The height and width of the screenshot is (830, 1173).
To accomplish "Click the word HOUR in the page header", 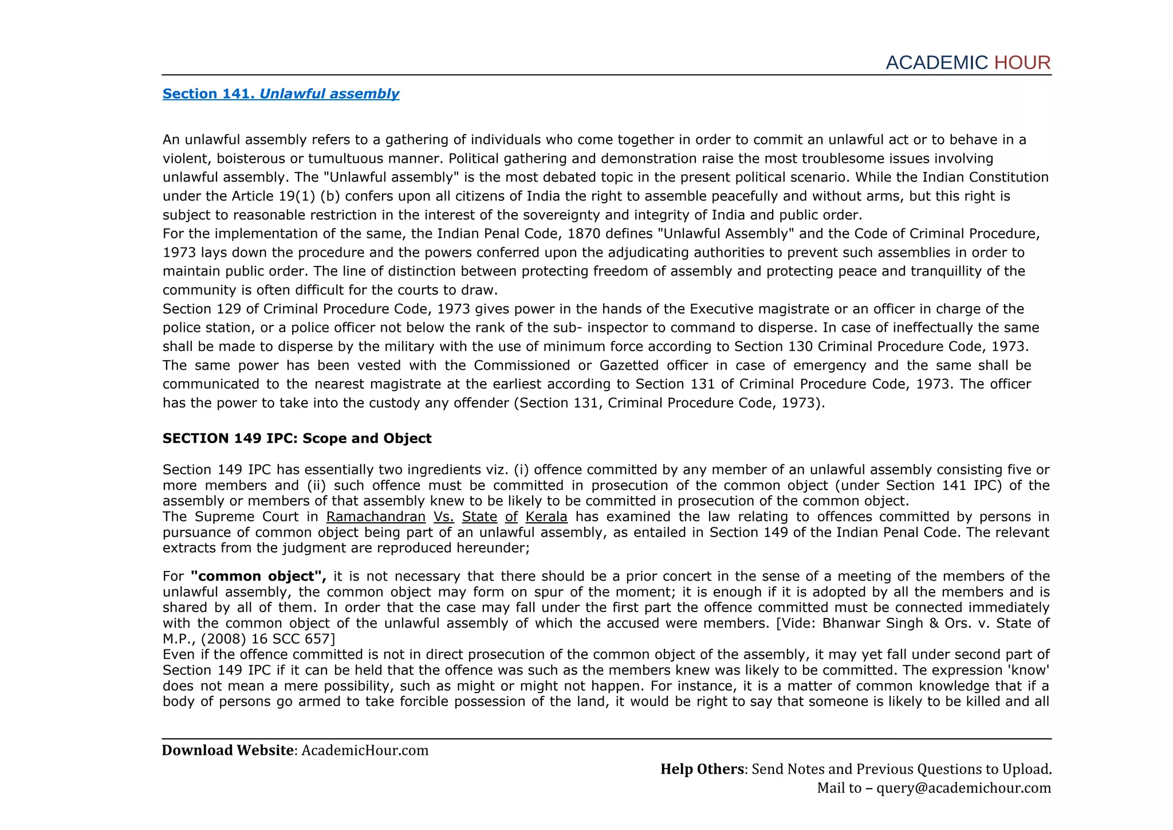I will (1022, 62).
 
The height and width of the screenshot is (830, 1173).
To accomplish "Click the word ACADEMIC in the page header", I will (936, 62).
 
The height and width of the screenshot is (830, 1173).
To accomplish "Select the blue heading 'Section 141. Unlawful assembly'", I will (281, 93).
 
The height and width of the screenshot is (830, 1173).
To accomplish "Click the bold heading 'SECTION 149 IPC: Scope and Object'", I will (297, 439).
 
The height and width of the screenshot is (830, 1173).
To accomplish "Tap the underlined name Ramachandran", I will (376, 516).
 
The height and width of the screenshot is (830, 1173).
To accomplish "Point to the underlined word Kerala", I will (546, 516).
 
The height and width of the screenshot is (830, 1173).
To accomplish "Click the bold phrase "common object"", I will (258, 576).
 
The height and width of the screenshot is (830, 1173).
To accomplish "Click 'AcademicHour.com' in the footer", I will (365, 750).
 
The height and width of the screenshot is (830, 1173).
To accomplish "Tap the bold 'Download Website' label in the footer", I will (227, 750).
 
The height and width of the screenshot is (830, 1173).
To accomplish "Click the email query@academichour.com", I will (963, 788).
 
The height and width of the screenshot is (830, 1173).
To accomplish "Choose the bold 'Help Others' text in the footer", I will (702, 769).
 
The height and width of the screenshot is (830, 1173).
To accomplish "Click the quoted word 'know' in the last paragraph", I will (1034, 670).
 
